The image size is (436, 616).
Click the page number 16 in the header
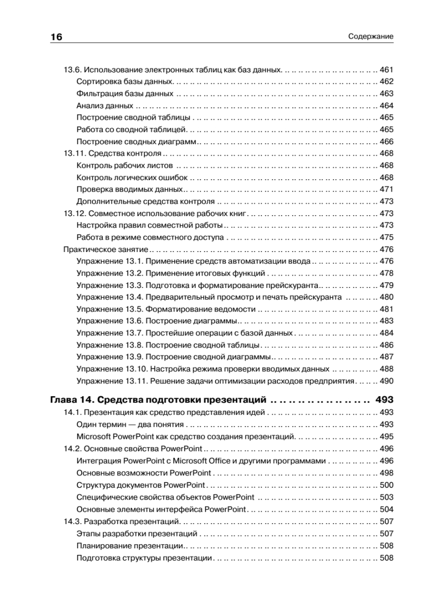click(x=56, y=37)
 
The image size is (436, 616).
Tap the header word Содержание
click(x=370, y=37)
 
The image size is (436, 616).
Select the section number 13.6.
click(x=72, y=70)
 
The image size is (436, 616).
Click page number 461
click(x=386, y=70)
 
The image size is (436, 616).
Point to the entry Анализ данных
click(x=105, y=106)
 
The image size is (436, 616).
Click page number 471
click(x=386, y=189)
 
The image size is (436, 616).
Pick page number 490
click(x=386, y=381)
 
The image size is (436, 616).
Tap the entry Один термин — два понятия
click(x=130, y=425)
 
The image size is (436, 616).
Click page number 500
click(x=386, y=485)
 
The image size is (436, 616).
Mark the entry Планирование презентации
click(x=130, y=546)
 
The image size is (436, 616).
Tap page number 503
click(x=386, y=497)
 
